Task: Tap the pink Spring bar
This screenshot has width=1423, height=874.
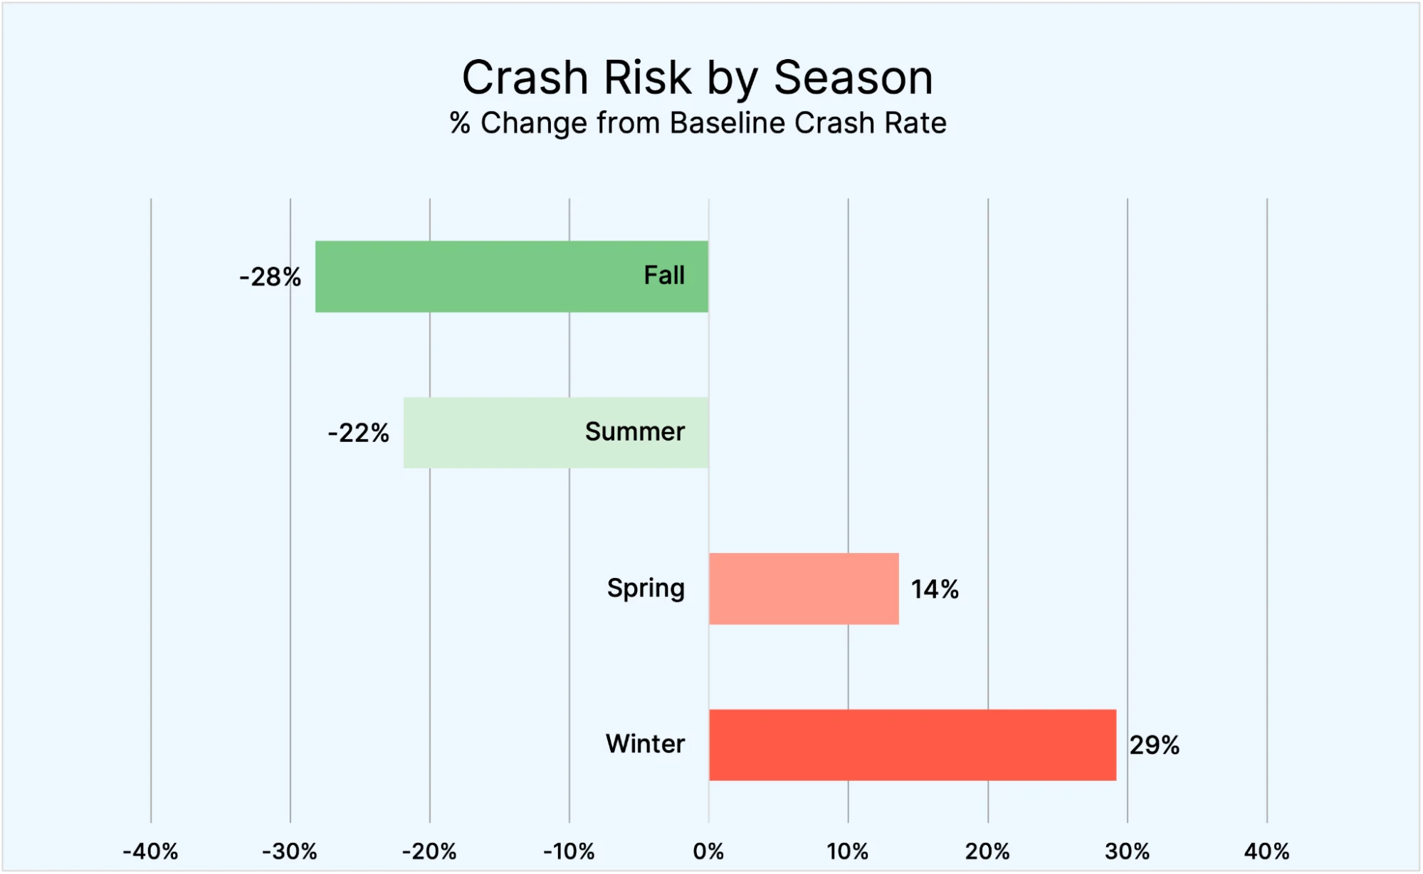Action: (x=804, y=589)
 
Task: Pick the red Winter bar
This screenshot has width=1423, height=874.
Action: (x=912, y=744)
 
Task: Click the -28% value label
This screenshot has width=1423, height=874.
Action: (x=270, y=277)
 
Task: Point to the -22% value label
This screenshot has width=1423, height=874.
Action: (x=358, y=433)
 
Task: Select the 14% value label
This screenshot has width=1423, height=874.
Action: (x=935, y=589)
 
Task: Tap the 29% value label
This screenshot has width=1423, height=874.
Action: (x=1154, y=745)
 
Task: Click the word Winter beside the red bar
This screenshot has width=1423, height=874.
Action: (x=645, y=744)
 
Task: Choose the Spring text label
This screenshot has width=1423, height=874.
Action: (x=646, y=589)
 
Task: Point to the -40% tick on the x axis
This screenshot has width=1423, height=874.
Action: (x=150, y=851)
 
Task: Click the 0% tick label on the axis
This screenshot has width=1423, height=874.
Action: (x=708, y=851)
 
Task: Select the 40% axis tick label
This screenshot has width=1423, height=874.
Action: (x=1266, y=851)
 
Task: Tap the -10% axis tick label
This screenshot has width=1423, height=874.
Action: (x=569, y=851)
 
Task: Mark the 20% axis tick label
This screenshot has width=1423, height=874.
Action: (x=987, y=851)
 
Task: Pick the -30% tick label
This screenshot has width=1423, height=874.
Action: (x=290, y=851)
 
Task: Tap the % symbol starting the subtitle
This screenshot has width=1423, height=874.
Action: (x=460, y=123)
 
